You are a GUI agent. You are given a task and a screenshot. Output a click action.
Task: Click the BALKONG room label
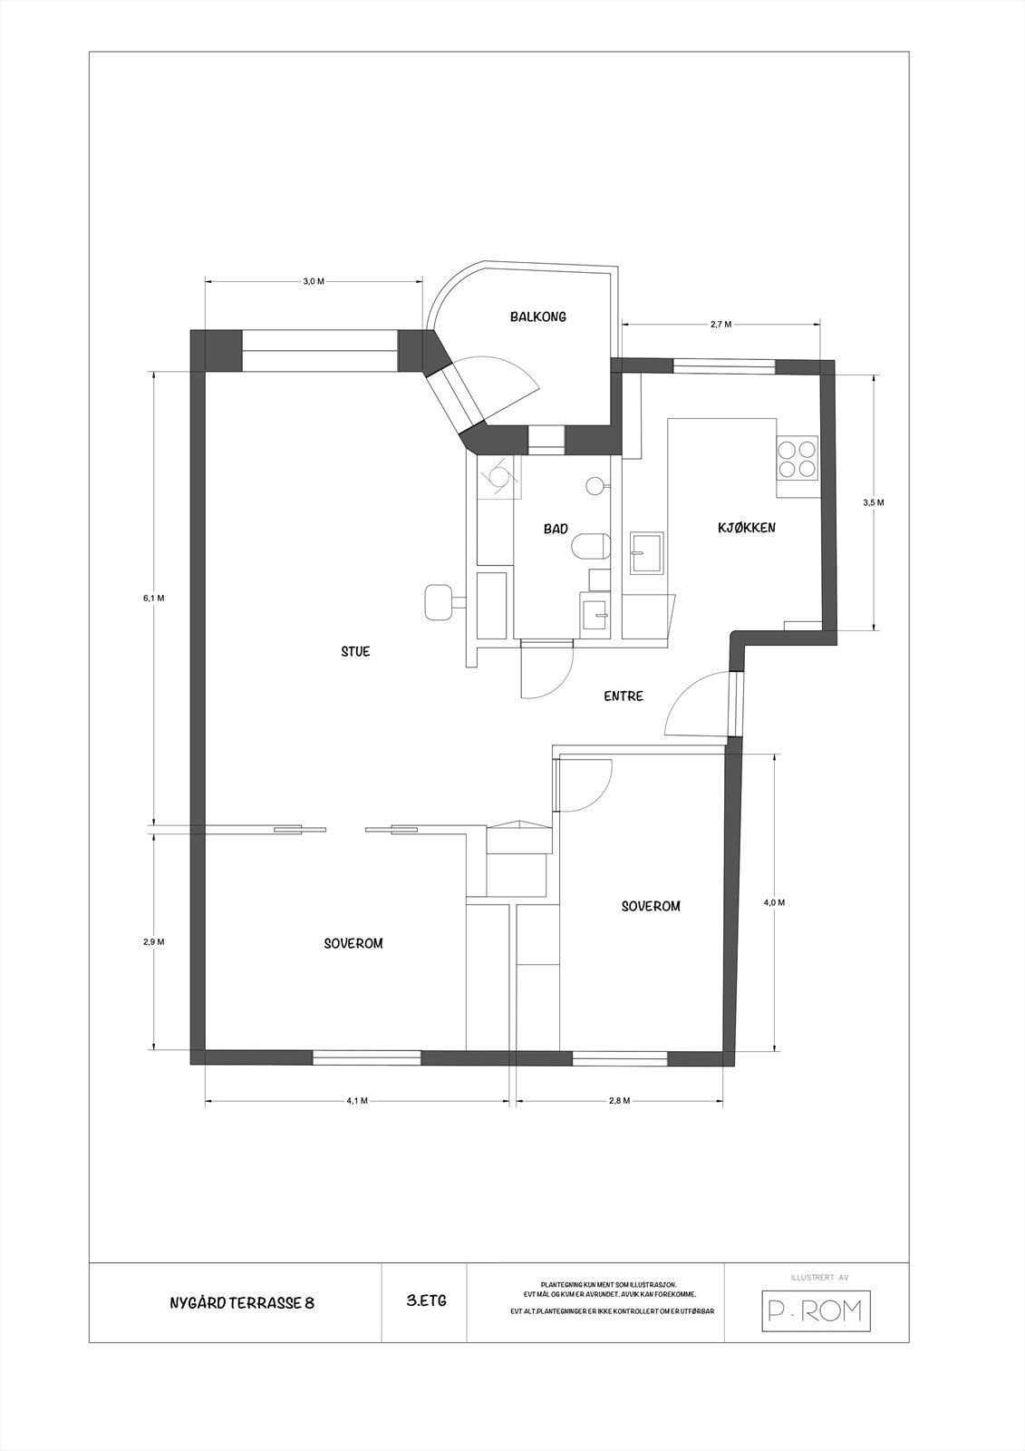tap(537, 316)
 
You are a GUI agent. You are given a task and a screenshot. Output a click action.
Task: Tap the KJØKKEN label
tap(746, 527)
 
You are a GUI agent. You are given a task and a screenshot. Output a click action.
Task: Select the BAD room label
tap(556, 529)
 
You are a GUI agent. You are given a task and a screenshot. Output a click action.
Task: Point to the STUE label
tap(355, 651)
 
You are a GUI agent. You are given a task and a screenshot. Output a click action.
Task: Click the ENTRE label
tap(624, 696)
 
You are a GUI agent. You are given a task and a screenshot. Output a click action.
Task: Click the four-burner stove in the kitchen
tap(797, 458)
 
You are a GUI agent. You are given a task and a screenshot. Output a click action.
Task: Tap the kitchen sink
tap(647, 552)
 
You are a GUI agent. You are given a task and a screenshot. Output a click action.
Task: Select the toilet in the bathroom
tap(589, 547)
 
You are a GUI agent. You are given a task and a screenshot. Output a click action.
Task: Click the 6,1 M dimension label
tap(153, 598)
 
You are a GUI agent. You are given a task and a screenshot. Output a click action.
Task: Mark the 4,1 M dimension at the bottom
tap(357, 1100)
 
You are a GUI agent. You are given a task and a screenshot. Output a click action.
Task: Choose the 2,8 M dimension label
tap(619, 1100)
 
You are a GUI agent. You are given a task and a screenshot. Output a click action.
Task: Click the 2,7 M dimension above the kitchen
tap(720, 324)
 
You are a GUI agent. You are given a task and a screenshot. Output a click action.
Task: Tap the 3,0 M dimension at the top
tap(313, 281)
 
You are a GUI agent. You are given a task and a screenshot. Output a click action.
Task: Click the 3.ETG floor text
tap(426, 1300)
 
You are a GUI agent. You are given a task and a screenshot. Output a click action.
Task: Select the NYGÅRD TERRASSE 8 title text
tap(242, 1303)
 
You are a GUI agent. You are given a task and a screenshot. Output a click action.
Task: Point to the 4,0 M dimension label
tap(774, 902)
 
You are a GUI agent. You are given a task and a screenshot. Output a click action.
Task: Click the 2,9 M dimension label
tap(153, 941)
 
